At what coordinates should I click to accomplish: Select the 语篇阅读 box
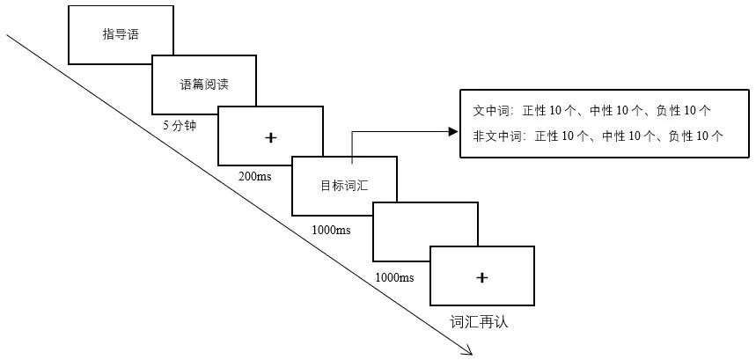204,84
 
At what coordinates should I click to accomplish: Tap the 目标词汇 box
344,186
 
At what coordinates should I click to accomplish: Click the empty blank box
426,231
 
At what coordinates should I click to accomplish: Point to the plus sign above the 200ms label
270,136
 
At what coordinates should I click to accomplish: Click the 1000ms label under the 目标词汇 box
331,230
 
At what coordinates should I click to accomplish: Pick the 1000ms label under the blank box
394,277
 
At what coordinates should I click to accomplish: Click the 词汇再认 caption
480,321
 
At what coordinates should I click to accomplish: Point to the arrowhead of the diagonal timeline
468,352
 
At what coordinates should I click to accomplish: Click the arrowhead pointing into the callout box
453,132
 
